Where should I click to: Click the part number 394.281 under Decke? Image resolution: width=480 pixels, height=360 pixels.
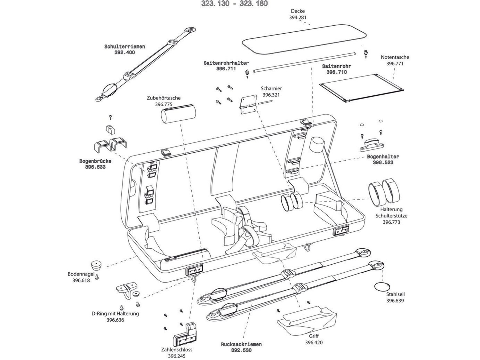[298, 18]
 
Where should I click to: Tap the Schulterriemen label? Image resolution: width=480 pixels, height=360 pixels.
[124, 47]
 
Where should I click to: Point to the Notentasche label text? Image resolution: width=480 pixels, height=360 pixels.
[395, 57]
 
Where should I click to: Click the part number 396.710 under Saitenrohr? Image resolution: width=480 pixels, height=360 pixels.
[336, 72]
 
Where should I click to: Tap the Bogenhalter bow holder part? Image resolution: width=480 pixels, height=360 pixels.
[372, 144]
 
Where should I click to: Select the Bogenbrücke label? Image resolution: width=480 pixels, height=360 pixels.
[95, 161]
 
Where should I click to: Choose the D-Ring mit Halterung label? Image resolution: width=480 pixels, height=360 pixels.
[115, 314]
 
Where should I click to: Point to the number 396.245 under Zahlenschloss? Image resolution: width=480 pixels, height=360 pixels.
[177, 356]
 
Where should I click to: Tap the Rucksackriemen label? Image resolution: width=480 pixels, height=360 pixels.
[241, 344]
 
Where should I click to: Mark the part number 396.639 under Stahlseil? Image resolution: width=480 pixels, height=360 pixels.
[395, 301]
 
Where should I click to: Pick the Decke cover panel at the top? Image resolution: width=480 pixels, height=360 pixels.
[304, 38]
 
